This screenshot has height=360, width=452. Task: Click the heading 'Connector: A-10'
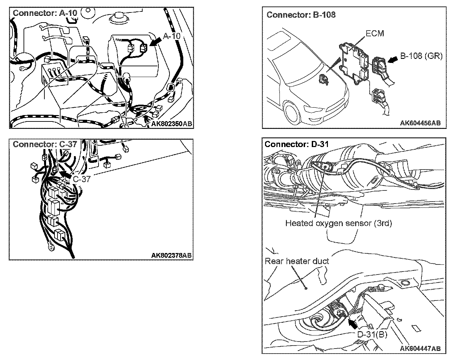click(x=45, y=13)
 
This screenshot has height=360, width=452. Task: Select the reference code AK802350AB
click(x=171, y=124)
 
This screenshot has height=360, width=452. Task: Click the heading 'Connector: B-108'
click(x=301, y=15)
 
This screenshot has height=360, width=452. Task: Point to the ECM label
click(x=374, y=33)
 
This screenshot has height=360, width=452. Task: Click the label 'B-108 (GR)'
click(x=421, y=56)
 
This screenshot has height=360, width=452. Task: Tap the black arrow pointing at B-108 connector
click(x=392, y=60)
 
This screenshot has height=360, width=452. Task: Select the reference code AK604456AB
click(x=420, y=123)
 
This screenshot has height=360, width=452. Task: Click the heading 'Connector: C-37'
click(x=45, y=144)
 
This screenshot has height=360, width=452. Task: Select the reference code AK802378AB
click(x=171, y=255)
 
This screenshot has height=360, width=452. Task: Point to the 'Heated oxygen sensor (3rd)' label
click(x=338, y=223)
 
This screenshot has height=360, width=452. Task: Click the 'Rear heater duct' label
click(x=297, y=261)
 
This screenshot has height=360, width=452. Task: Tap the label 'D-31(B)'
click(x=372, y=334)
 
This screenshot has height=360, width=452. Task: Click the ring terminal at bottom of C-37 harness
click(x=51, y=248)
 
